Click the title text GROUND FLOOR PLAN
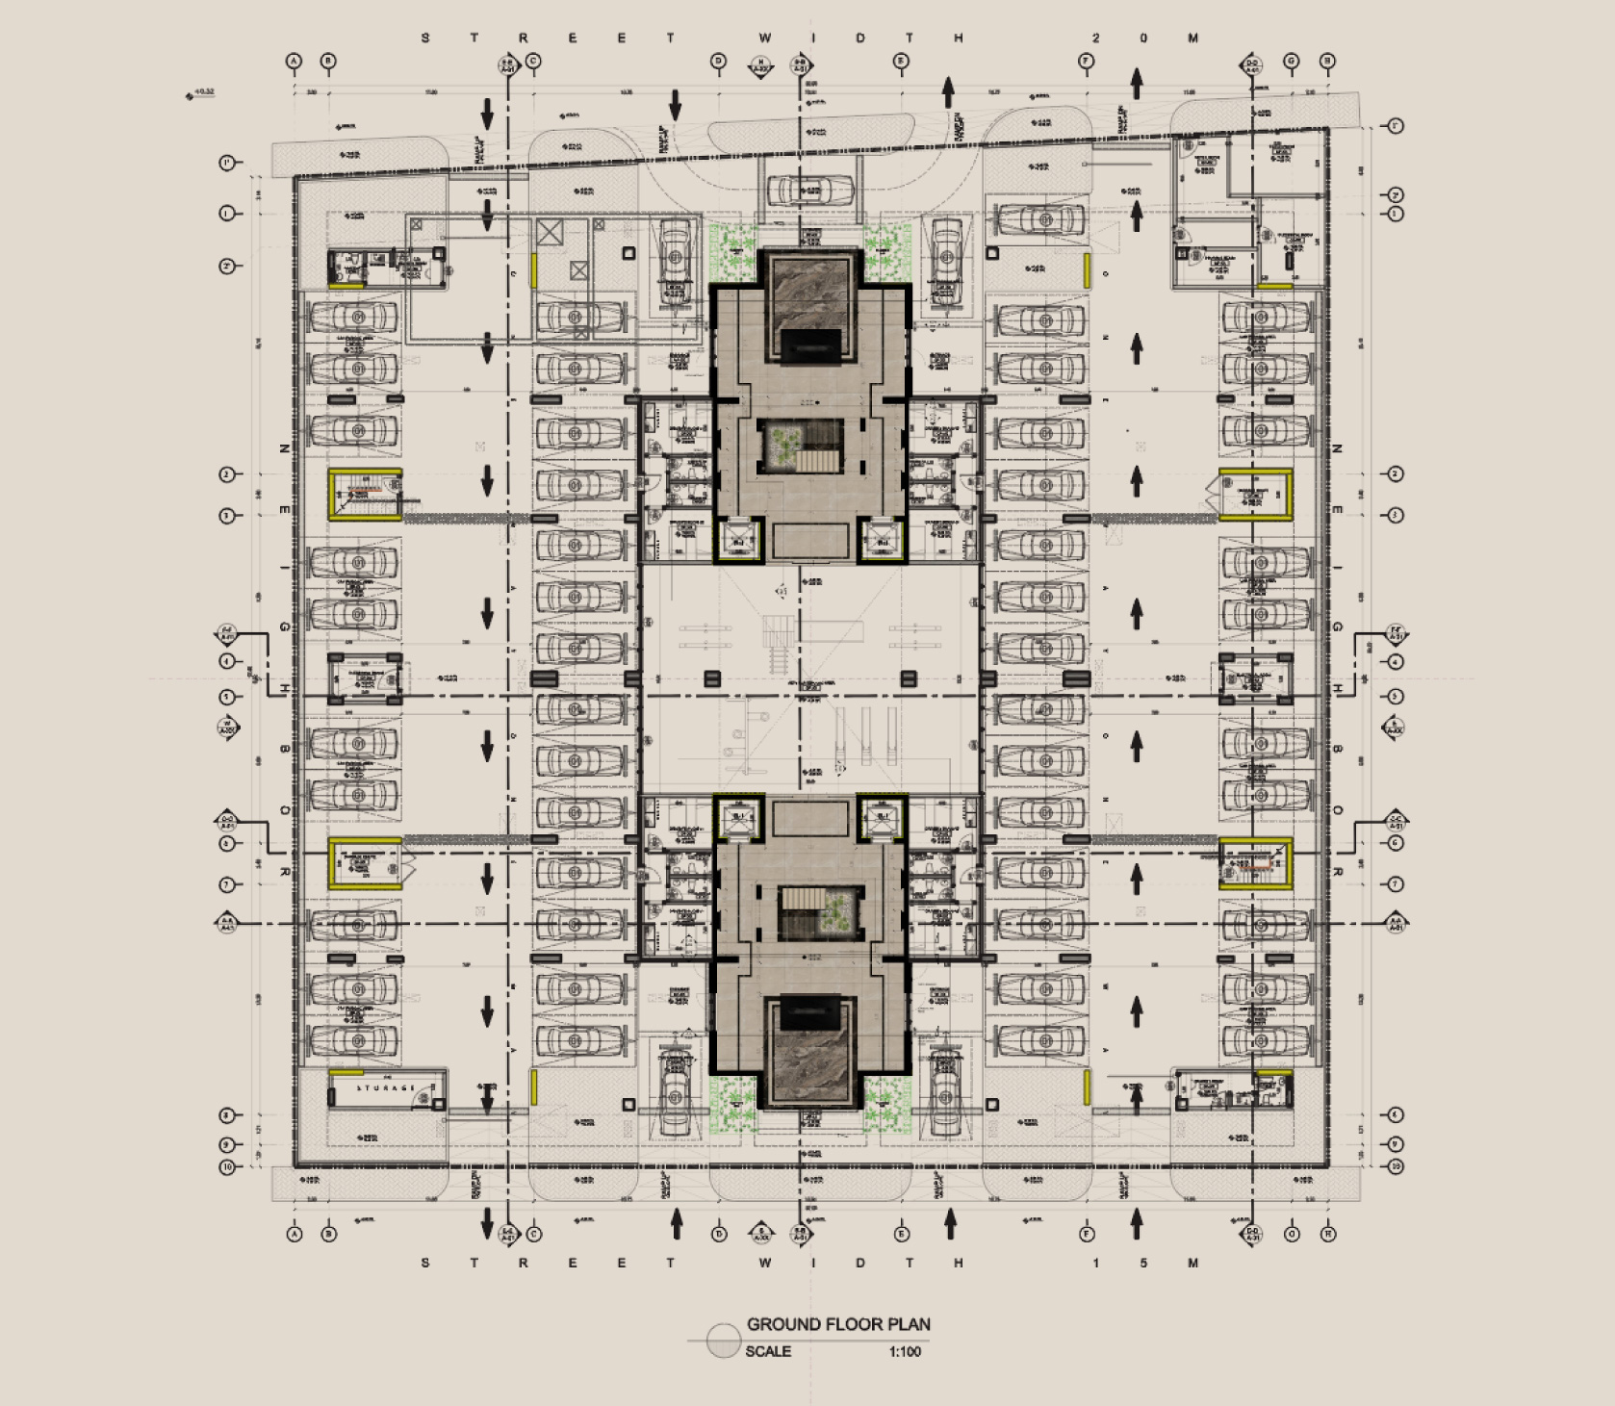click(838, 1324)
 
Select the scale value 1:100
click(905, 1351)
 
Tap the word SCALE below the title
click(768, 1351)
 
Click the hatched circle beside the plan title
click(723, 1341)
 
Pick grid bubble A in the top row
click(295, 62)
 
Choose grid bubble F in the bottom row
click(1088, 1233)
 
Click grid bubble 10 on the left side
click(228, 1166)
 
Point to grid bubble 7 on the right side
click(1396, 883)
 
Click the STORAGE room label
click(386, 1087)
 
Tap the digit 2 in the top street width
click(1095, 38)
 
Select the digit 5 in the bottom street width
click(1143, 1263)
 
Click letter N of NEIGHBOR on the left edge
click(284, 448)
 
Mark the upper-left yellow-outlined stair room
click(365, 495)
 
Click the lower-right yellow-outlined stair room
click(1255, 864)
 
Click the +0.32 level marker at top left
click(203, 93)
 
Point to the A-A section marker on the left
click(228, 923)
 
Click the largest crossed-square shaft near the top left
click(550, 232)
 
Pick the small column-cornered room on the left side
click(365, 678)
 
